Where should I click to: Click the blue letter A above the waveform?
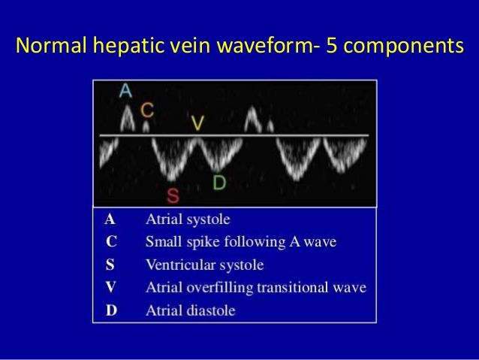point(126,90)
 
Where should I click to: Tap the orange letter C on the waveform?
point(148,110)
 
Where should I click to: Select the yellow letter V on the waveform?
point(197,124)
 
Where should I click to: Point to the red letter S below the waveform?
point(173,196)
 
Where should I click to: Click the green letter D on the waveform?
point(218,183)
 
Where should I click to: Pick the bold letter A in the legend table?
point(110,220)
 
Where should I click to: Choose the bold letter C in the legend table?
point(111,242)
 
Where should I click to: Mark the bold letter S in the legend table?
point(111,265)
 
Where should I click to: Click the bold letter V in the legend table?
point(111,287)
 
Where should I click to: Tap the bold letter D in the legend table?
point(111,310)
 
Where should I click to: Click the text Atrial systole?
point(188,220)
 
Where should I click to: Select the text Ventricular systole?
point(204,265)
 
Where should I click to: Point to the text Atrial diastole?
point(190,310)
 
